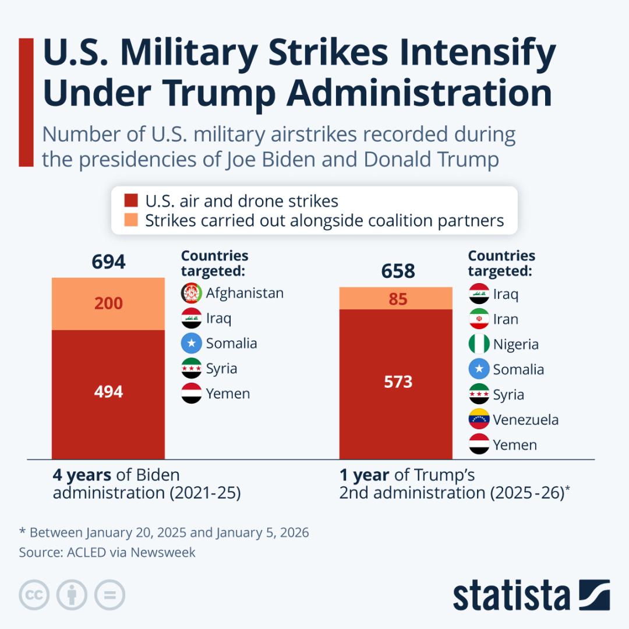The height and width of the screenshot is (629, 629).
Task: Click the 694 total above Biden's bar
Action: coord(109,262)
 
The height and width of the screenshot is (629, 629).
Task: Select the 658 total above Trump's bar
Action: coord(398,271)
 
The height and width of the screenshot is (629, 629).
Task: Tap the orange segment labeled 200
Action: coord(109,303)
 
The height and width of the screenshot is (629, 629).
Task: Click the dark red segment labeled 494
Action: coord(109,392)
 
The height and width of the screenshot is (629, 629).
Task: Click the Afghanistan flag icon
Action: coord(192,293)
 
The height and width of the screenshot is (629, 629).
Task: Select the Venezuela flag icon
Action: coord(479,420)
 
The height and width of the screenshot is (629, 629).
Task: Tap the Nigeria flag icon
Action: coord(479,344)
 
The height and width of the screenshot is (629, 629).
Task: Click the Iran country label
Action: coord(505,319)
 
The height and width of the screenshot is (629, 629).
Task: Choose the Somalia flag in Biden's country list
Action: coord(192,344)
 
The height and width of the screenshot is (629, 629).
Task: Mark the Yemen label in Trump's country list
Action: coord(515,445)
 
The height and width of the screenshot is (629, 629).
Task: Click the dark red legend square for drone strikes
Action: coord(132,202)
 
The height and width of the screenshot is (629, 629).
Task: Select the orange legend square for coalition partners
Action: coord(132,221)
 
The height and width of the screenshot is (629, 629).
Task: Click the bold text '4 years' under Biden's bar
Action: coord(82,475)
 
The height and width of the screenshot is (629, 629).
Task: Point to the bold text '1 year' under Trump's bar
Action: coord(365,475)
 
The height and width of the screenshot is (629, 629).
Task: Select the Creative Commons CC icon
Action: coord(34,595)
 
